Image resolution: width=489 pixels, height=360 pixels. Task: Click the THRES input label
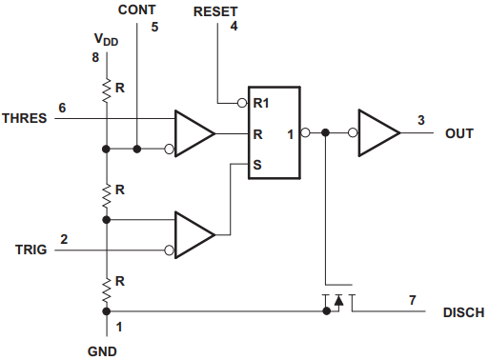[x=25, y=118]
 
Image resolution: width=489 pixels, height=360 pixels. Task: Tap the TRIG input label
[x=31, y=250]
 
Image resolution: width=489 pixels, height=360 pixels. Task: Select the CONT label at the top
[x=137, y=10]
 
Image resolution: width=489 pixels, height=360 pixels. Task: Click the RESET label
[x=215, y=11]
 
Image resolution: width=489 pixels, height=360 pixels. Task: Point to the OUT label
[x=459, y=133]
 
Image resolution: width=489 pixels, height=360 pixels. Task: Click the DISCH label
[x=463, y=312]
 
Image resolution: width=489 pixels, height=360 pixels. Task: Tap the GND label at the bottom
[x=102, y=351]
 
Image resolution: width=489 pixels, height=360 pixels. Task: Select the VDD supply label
[x=106, y=40]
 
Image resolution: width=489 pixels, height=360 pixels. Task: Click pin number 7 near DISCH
[x=413, y=300]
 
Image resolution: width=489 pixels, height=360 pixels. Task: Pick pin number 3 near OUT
[x=421, y=120]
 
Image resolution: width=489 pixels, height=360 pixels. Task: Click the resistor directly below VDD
[x=107, y=90]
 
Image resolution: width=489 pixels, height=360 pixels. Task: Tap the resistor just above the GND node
[x=107, y=290]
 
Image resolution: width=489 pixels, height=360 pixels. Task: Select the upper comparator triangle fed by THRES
[x=194, y=133]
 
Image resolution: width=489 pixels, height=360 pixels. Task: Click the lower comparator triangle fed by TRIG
[x=194, y=235]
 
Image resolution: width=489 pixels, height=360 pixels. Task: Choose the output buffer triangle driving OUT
[x=379, y=133]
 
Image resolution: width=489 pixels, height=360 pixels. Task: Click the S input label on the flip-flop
[x=257, y=165]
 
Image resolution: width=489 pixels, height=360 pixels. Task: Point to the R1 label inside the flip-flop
[x=261, y=103]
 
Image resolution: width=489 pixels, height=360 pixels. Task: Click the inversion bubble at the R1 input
[x=242, y=103]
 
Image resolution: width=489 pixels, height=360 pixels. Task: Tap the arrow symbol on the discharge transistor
[x=339, y=300]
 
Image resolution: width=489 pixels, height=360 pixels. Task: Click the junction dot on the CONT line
[x=137, y=149]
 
